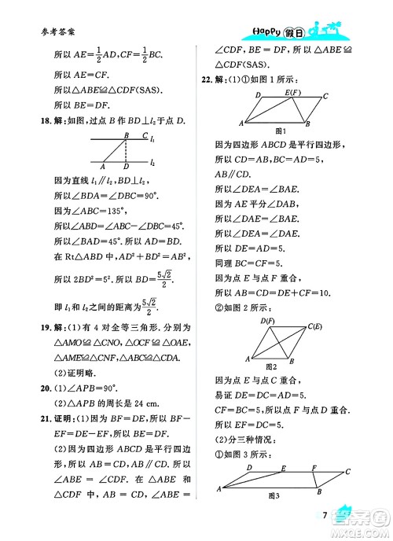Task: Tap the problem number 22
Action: pyautogui.click(x=208, y=79)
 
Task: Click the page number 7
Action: pyautogui.click(x=325, y=515)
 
